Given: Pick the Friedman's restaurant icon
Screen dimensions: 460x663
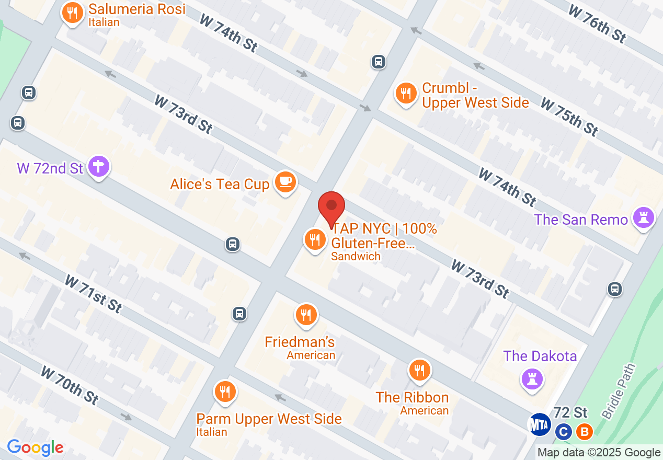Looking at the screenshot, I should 306,315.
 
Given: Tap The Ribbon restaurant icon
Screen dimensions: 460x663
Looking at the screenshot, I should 419,371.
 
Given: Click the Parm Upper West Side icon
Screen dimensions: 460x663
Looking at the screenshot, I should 225,392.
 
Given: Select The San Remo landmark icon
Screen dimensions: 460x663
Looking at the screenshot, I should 644,218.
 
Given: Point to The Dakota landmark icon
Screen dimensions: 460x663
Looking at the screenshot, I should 532,378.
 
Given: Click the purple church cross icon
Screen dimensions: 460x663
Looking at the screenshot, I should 98,167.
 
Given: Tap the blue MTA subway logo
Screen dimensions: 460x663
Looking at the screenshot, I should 540,424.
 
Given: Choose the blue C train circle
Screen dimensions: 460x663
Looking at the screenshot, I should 563,432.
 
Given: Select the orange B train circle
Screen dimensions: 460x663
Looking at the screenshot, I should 584,432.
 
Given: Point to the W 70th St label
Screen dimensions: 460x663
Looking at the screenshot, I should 70,385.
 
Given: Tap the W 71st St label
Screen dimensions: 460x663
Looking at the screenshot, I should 93,294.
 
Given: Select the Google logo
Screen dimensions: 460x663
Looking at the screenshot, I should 35,448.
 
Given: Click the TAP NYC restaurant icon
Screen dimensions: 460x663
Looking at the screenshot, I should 315,240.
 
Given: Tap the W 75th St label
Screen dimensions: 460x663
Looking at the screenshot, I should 569,117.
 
